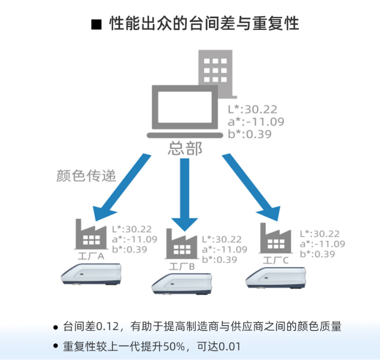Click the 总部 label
(x=185, y=148)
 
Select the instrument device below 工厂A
(x=92, y=274)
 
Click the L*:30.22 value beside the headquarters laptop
(x=252, y=110)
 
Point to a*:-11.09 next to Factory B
(x=224, y=250)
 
